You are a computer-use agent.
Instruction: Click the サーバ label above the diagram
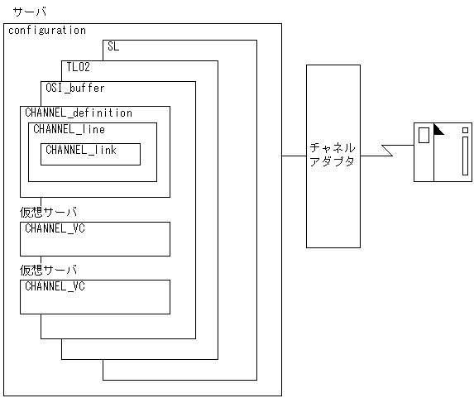[30, 13]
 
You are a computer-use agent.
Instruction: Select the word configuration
[47, 31]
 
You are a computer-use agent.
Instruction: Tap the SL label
[113, 47]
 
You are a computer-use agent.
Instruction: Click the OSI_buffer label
[75, 88]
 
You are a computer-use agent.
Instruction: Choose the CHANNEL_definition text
[79, 113]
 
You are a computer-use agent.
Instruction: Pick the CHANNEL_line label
[69, 130]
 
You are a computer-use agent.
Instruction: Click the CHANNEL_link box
[90, 155]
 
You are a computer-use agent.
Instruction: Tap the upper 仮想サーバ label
[49, 213]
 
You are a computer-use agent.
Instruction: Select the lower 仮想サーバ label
[49, 271]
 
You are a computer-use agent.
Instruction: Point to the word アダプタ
[331, 162]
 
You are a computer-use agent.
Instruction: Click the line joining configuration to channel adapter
[294, 155]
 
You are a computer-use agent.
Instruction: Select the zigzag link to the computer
[387, 154]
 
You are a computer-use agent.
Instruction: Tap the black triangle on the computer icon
[438, 129]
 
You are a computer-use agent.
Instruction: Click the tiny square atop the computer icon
[466, 129]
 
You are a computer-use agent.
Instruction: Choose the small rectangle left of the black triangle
[424, 135]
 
